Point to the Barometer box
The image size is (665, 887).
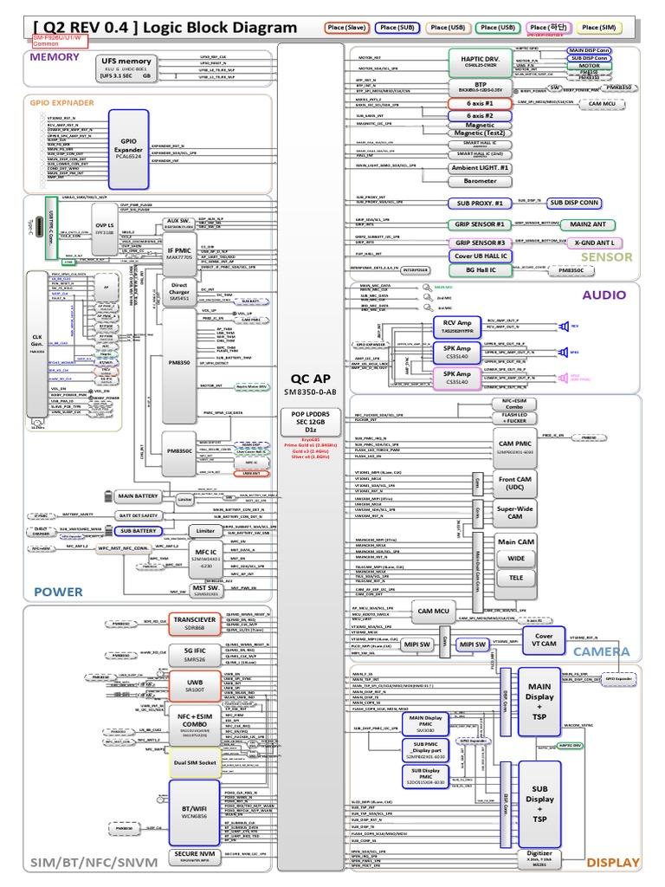pos(480,181)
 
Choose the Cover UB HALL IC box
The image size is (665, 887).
pos(480,256)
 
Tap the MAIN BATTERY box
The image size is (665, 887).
pos(138,496)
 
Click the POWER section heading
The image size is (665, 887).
pos(58,592)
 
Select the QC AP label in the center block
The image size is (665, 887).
pos(310,378)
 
